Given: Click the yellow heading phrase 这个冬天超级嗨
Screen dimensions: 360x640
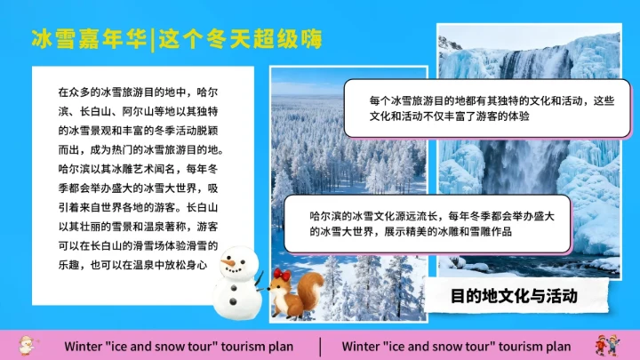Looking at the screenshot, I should pos(239,39).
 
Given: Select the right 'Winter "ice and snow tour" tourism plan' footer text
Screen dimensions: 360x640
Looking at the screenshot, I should pos(456,345).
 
